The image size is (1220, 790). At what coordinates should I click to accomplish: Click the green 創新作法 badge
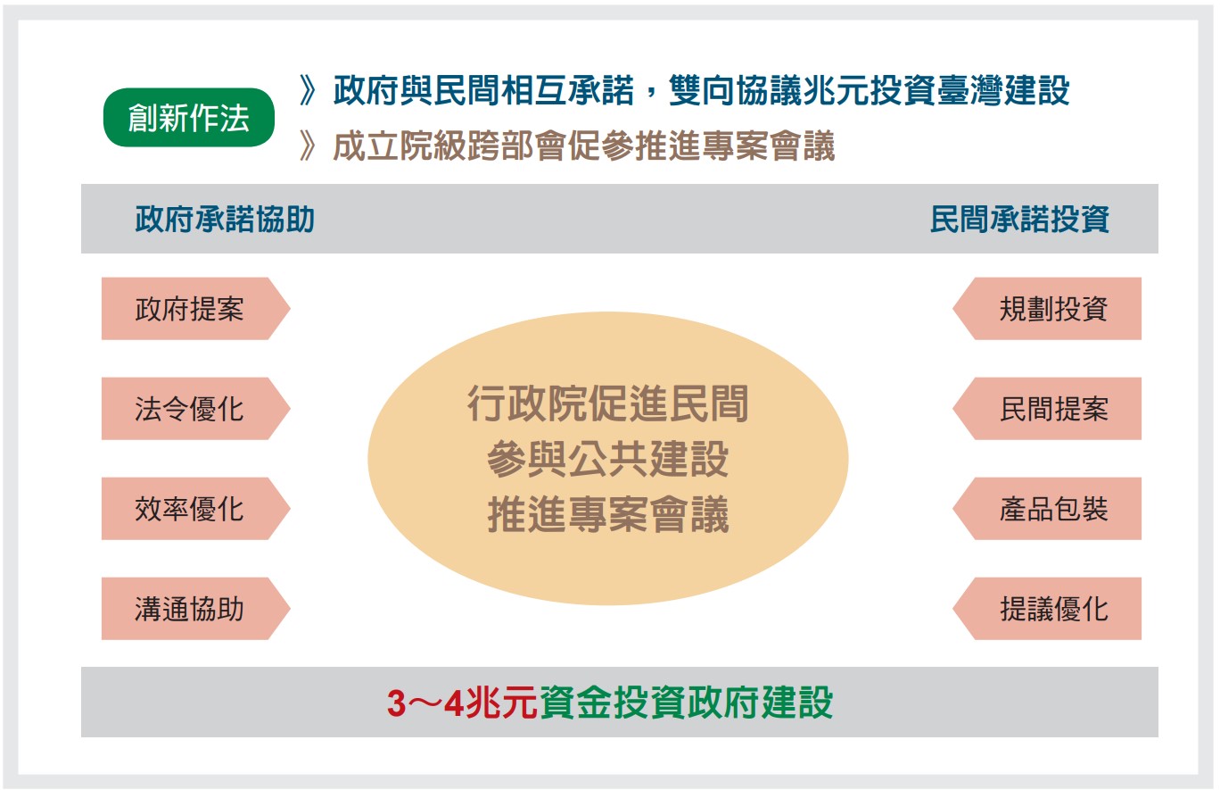(188, 117)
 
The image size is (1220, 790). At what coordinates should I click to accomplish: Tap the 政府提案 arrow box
(195, 309)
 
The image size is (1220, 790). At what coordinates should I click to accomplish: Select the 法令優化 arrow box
(195, 408)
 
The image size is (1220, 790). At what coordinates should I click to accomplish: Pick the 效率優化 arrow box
(195, 509)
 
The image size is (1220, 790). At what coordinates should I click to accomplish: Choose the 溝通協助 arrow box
(195, 609)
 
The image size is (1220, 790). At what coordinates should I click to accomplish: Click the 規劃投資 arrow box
(1047, 309)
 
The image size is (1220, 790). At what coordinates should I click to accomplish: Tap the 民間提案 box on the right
(1047, 408)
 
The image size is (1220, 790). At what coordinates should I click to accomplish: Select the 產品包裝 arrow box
(1047, 509)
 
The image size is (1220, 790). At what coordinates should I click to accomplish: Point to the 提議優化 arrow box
(1047, 609)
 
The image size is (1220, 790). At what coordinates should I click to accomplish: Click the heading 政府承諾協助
(225, 220)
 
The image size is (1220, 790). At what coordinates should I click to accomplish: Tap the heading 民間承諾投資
(1019, 220)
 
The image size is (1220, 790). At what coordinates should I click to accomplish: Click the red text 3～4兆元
(462, 703)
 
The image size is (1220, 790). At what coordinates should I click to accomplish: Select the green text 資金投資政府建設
(687, 703)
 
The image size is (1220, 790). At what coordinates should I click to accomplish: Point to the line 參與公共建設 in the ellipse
(608, 459)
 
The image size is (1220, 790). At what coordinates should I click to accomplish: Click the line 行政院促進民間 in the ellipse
(608, 403)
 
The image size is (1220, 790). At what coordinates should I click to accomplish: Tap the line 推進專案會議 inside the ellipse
(608, 514)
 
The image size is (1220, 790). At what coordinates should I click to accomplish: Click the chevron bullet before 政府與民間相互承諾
(308, 90)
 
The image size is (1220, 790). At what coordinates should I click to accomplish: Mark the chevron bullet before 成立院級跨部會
(308, 146)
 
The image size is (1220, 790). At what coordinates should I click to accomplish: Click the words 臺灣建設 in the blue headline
(1003, 90)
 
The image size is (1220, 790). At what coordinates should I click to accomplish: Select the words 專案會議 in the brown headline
(768, 146)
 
